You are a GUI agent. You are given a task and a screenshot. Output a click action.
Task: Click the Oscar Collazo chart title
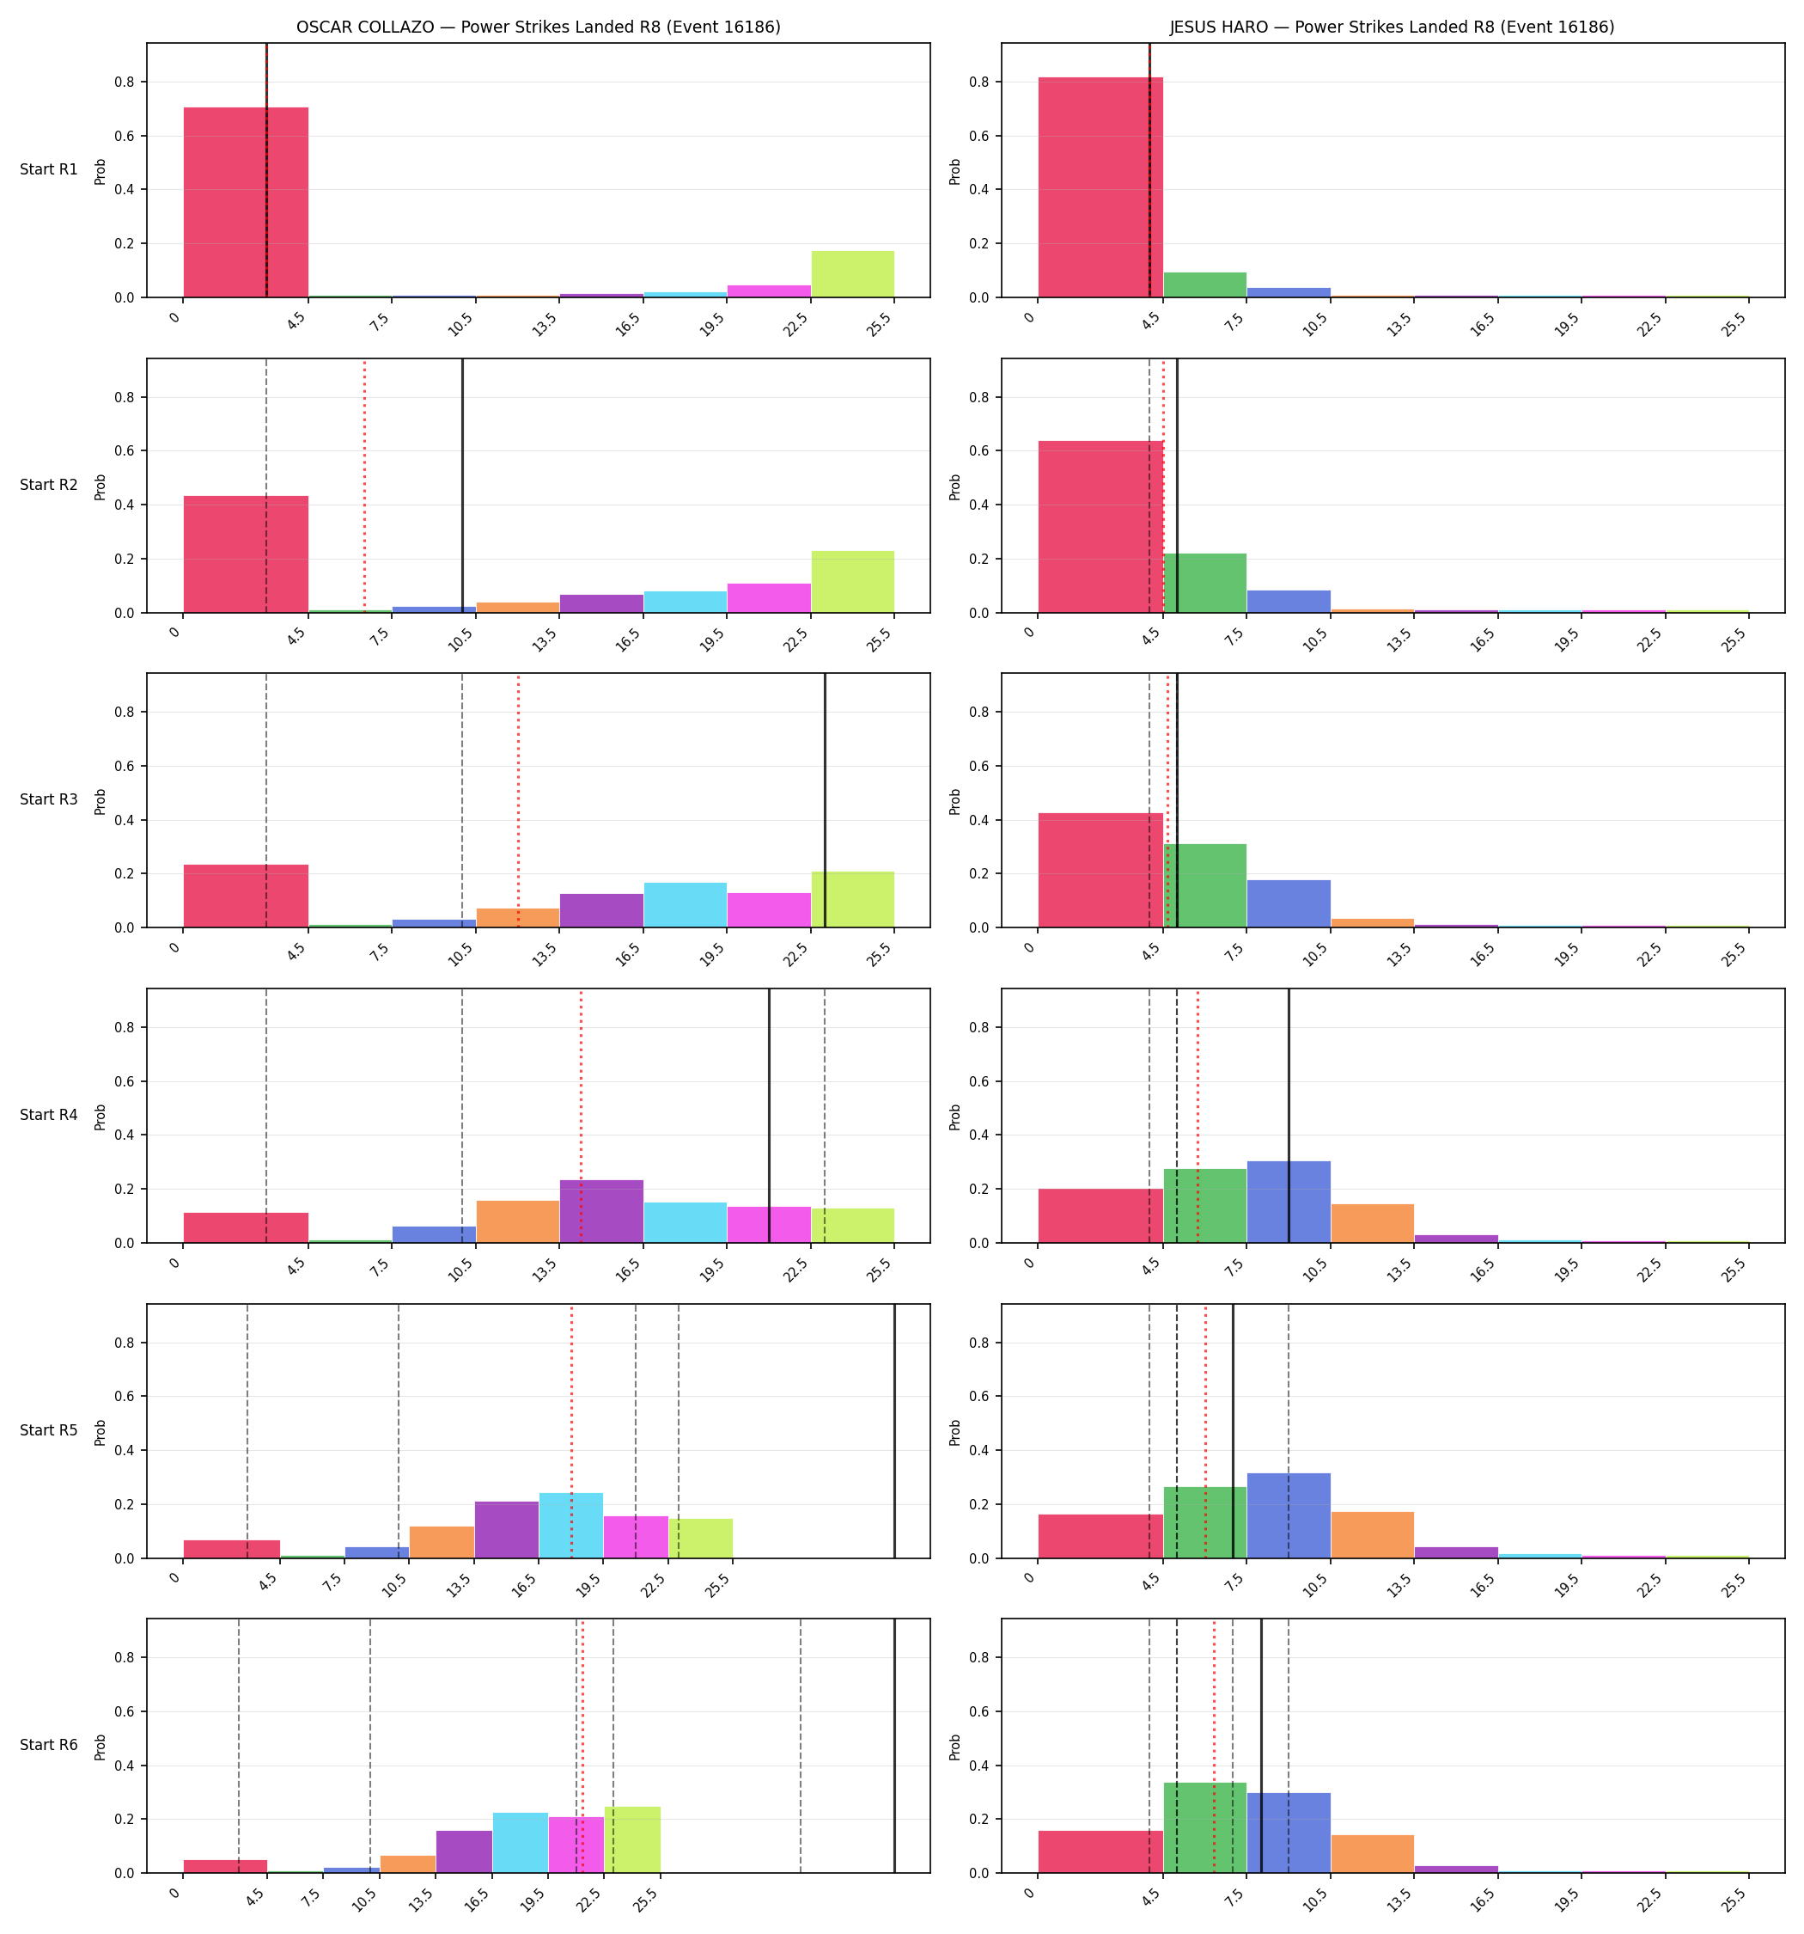point(538,28)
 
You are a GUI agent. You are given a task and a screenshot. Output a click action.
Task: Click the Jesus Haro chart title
point(1393,28)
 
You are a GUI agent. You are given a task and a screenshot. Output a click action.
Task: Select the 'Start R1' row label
point(49,169)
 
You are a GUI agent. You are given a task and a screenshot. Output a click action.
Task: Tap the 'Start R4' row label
point(49,1115)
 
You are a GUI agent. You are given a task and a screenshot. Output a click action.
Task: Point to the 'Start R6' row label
point(49,1745)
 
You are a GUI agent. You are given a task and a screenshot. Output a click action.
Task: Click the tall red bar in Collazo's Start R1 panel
point(246,202)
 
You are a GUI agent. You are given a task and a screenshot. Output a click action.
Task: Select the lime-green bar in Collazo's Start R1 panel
point(853,274)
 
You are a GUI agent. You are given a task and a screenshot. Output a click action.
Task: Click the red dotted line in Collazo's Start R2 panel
point(365,487)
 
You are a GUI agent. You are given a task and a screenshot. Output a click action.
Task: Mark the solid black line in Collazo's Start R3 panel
point(826,800)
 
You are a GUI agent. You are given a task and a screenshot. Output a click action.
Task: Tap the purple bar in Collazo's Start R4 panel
point(601,1212)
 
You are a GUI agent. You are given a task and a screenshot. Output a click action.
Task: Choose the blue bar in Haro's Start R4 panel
point(1289,1203)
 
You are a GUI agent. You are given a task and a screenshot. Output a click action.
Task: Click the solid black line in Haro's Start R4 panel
point(1289,1116)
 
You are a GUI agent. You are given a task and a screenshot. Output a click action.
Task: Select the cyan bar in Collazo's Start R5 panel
point(571,1526)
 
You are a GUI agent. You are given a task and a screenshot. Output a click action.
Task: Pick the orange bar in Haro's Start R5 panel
point(1372,1535)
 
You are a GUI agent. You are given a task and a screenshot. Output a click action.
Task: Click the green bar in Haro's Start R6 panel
point(1205,1828)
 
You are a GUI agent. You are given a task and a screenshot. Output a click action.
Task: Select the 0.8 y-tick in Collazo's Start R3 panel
point(125,712)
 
